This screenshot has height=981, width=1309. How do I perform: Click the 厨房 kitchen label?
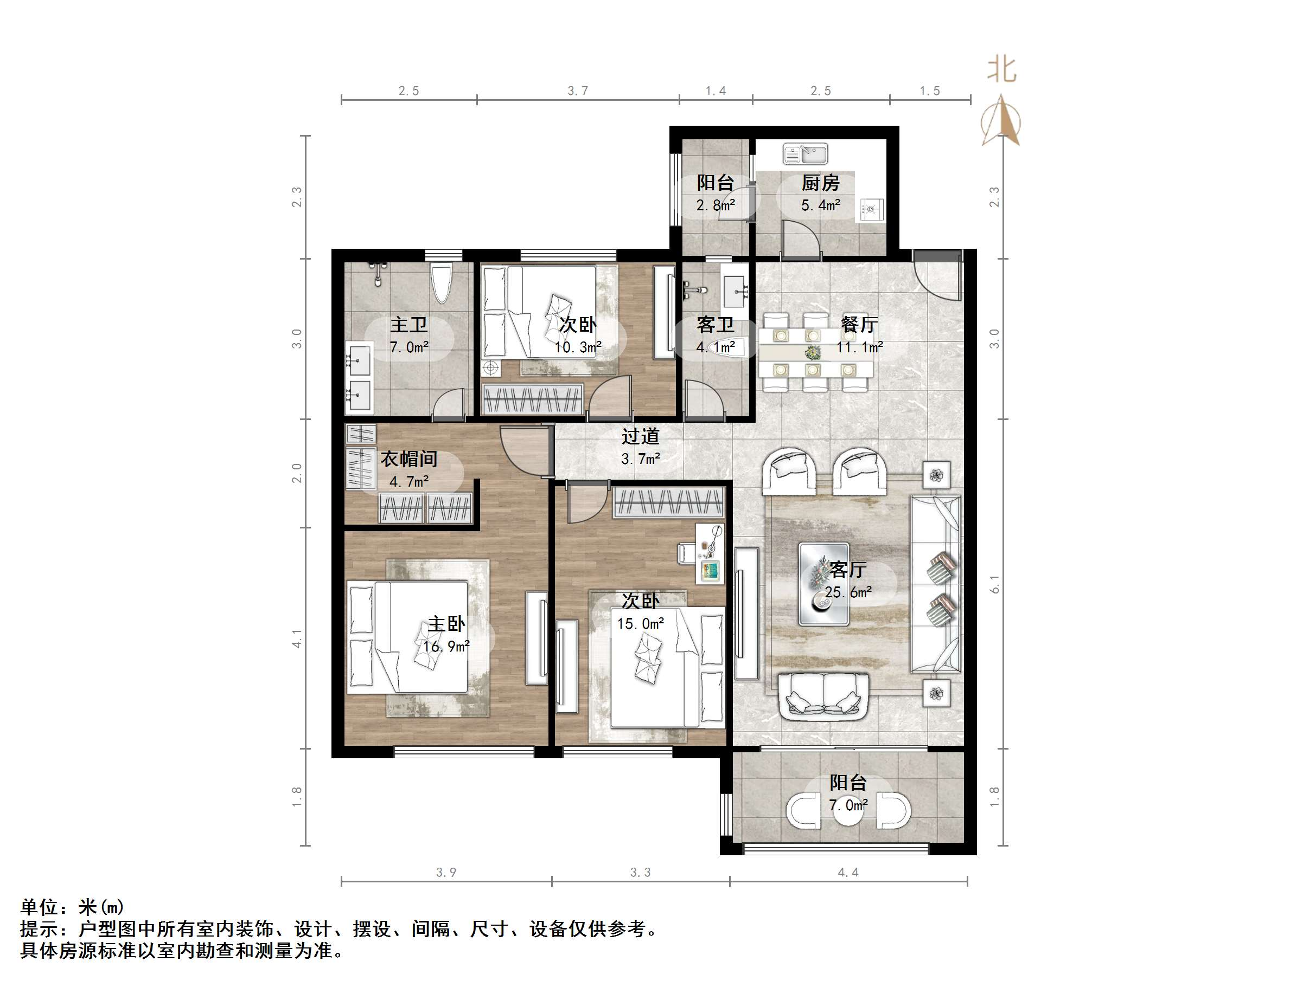point(820,183)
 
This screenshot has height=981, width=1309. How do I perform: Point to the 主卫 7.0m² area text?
point(409,347)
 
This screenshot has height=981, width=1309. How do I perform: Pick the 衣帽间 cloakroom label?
point(409,459)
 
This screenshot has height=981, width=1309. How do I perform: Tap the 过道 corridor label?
point(640,436)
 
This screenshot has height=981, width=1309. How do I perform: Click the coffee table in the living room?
point(823,584)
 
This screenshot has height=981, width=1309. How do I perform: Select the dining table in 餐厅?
point(815,352)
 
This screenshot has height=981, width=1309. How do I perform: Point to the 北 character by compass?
point(1001,70)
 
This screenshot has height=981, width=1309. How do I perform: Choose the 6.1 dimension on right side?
point(995,584)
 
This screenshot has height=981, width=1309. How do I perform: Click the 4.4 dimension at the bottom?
point(848,872)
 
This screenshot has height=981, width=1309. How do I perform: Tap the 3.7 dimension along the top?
point(578,91)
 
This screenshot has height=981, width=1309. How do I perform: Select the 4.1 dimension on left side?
point(297,638)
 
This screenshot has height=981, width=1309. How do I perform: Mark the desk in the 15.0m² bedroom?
point(709,554)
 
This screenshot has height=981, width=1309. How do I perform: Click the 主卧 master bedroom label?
point(446,624)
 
